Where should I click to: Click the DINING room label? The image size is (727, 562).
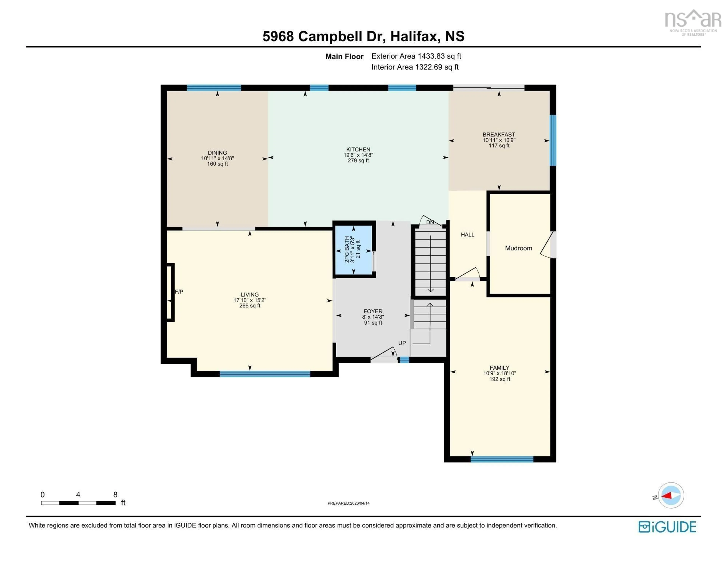click(x=217, y=152)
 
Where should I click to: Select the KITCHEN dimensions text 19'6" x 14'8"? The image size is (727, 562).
click(x=358, y=155)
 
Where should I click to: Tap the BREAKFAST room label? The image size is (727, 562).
click(x=499, y=134)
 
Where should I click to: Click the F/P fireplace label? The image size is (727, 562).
click(x=179, y=292)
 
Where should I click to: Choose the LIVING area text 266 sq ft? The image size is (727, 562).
click(x=250, y=306)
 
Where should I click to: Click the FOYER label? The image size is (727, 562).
click(x=373, y=311)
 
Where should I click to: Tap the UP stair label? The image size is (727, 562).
click(x=402, y=343)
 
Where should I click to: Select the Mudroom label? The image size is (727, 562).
click(x=518, y=248)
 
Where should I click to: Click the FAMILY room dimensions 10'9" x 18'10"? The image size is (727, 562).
click(x=499, y=373)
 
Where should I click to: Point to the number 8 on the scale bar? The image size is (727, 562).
click(x=115, y=494)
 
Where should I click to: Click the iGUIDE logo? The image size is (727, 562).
click(x=667, y=527)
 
